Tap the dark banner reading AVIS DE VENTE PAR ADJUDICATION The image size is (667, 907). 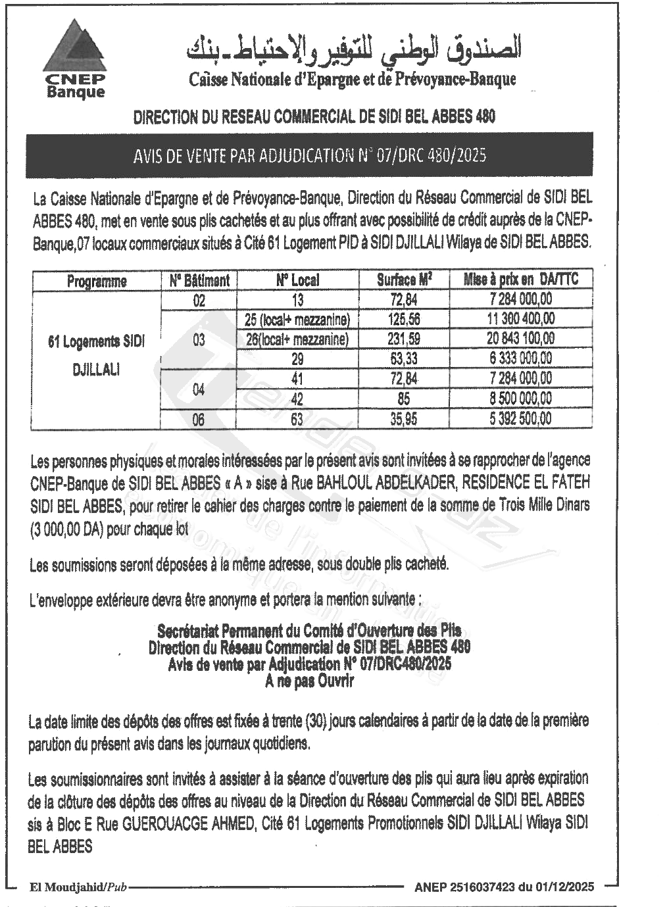coord(309,155)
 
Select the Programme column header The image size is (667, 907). coord(96,281)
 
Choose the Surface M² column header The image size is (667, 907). coord(404,280)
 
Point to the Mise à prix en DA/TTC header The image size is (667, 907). coord(521,280)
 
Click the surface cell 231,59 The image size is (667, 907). coord(405,339)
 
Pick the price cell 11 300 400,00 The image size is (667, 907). coord(521,319)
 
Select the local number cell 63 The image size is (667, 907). coord(297,419)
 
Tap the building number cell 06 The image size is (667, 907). coord(198,419)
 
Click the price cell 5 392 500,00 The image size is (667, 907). coord(521,418)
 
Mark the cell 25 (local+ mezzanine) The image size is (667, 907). coord(297,320)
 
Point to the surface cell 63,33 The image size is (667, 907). coord(405,358)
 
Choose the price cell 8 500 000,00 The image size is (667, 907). coord(521,399)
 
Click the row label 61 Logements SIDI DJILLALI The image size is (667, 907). coord(96,355)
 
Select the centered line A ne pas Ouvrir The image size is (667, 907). coord(309,681)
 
